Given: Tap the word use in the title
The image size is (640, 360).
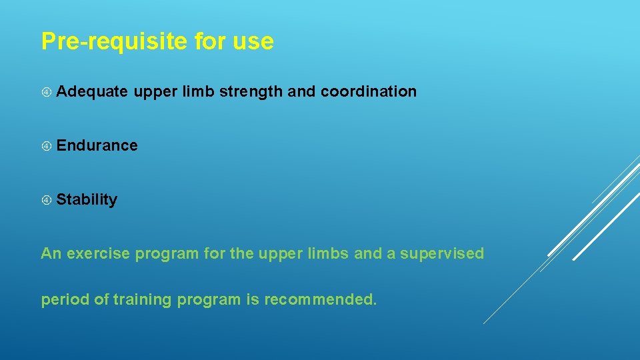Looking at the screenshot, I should tap(253, 41).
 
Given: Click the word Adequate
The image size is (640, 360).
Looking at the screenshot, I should tap(92, 91).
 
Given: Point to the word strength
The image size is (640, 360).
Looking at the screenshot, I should tap(251, 91).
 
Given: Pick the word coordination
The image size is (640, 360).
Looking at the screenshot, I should tap(369, 91).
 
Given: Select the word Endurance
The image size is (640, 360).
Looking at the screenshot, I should tap(97, 145).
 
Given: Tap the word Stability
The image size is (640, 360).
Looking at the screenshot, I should tap(87, 199).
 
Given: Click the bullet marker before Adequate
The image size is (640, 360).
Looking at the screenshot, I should tap(46, 92).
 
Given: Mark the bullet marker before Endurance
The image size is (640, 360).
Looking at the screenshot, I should tap(46, 146).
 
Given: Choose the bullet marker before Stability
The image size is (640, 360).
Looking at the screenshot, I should tap(46, 200).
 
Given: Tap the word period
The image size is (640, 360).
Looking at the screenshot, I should tap(65, 300).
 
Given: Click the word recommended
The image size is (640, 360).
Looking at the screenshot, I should tap(320, 300).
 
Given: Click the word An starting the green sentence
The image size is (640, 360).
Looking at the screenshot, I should tap(51, 253).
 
